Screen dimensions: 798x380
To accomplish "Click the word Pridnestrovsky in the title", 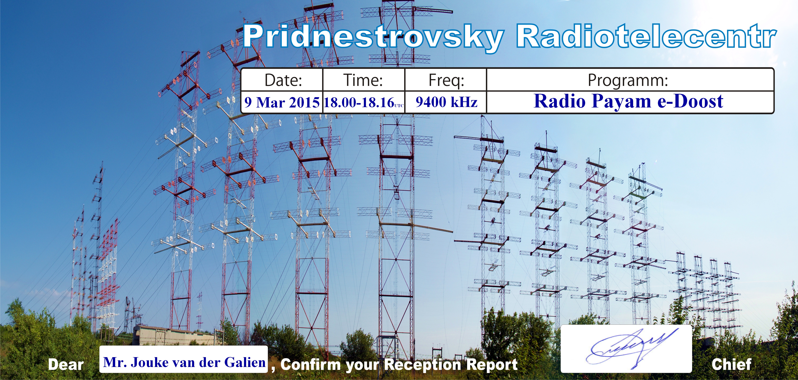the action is tap(373, 38).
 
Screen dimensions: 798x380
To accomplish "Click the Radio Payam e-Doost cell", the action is tap(629, 101).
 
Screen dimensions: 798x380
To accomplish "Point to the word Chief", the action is tap(731, 364).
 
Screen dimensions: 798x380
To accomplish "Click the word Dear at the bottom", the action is tap(66, 365).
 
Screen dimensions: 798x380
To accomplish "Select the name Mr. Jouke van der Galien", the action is tap(184, 362).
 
